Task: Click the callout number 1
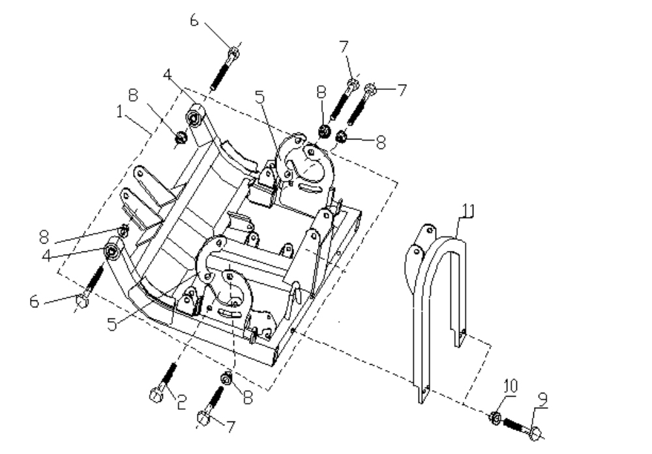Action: pyautogui.click(x=120, y=112)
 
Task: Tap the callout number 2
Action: pyautogui.click(x=181, y=403)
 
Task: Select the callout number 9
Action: pyautogui.click(x=543, y=399)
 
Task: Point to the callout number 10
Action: pyautogui.click(x=511, y=386)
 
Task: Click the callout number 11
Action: pyautogui.click(x=467, y=210)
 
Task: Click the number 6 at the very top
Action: pyautogui.click(x=194, y=20)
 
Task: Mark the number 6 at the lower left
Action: pyautogui.click(x=34, y=302)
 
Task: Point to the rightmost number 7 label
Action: pyautogui.click(x=402, y=90)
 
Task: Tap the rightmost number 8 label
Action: pyautogui.click(x=381, y=142)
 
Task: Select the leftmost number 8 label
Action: pyautogui.click(x=44, y=237)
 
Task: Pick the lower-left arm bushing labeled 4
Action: pyautogui.click(x=112, y=251)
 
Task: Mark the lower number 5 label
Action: pyautogui.click(x=112, y=324)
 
